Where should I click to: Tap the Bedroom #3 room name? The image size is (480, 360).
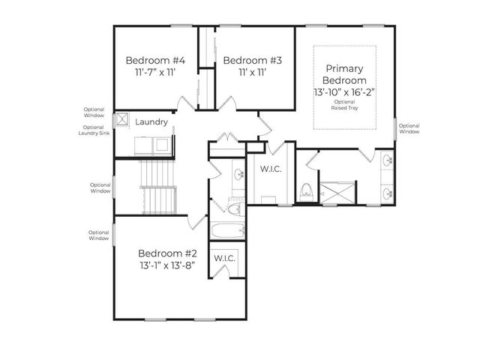click(x=253, y=60)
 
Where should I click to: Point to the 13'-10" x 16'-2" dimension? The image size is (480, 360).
click(x=344, y=91)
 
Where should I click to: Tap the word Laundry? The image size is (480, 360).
click(x=151, y=121)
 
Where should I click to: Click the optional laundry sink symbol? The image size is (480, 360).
click(x=121, y=120)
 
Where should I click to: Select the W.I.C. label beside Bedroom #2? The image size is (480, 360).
click(x=224, y=258)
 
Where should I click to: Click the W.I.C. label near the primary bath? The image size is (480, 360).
click(x=271, y=169)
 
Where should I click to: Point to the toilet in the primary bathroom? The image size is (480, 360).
click(x=306, y=193)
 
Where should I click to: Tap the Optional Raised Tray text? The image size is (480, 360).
click(x=344, y=104)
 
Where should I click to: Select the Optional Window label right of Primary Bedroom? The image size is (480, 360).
click(x=409, y=128)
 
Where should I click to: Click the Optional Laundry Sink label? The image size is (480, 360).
click(x=94, y=130)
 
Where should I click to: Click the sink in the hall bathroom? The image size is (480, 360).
click(x=238, y=175)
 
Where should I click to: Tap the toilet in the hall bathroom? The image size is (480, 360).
click(x=234, y=208)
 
